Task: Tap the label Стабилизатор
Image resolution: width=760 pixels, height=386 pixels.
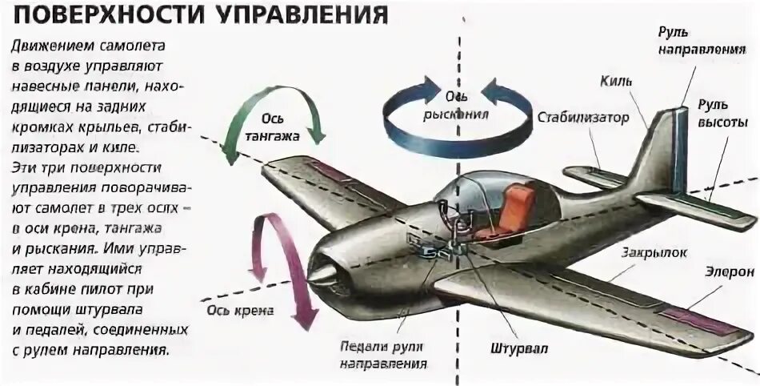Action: click(x=582, y=119)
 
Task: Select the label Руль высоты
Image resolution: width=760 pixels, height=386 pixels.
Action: click(x=722, y=114)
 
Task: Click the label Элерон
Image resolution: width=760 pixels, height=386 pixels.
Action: click(x=729, y=272)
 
